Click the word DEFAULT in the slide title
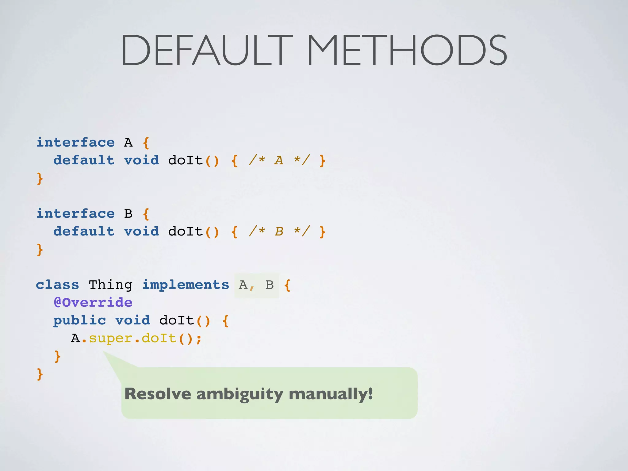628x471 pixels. (206, 50)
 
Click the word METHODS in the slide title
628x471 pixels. (407, 50)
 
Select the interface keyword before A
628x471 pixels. (75, 142)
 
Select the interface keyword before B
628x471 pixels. (75, 213)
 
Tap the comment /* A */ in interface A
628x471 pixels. (279, 160)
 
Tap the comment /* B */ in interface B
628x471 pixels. (279, 231)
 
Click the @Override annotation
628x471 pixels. (93, 302)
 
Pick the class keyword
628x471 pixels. (57, 285)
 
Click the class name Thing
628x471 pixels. (110, 285)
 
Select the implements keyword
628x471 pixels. (186, 285)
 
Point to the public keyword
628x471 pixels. (80, 320)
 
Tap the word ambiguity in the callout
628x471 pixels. (239, 394)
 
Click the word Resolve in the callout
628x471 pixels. (158, 394)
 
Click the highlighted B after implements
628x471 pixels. (270, 285)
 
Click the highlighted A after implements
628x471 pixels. (243, 285)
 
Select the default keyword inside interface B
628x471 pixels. (84, 231)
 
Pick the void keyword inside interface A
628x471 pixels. (141, 160)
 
